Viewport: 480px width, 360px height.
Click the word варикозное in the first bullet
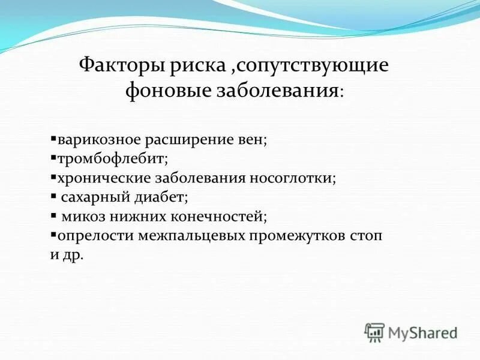pos(99,140)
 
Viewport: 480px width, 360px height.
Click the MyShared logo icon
pos(374,332)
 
